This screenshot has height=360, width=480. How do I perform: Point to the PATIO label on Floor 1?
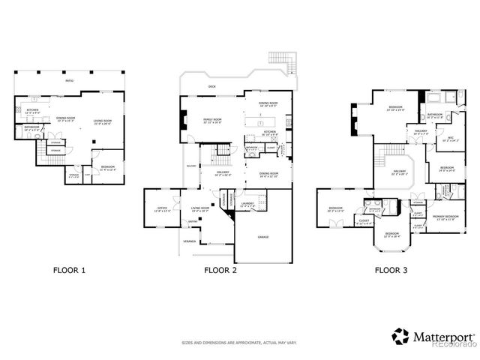click(x=68, y=79)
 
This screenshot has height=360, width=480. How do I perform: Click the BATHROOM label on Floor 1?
click(x=31, y=127)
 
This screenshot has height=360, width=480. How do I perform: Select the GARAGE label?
click(x=265, y=236)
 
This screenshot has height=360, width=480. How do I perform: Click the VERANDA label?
click(x=190, y=241)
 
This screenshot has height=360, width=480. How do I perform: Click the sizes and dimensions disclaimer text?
click(x=239, y=343)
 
